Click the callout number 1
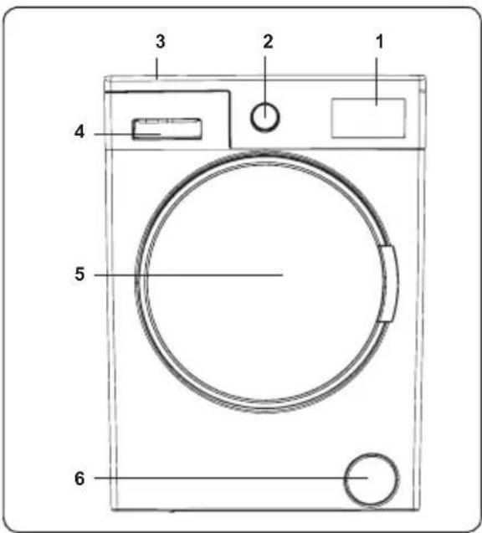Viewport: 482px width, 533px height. click(x=380, y=42)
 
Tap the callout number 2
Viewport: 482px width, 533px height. click(x=268, y=42)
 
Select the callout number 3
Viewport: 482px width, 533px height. click(x=160, y=42)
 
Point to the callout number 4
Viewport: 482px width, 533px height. click(x=79, y=131)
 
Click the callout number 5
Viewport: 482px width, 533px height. click(x=79, y=274)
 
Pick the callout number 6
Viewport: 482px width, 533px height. click(x=79, y=479)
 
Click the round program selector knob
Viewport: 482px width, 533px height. click(x=265, y=117)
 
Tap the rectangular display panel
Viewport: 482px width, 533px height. click(x=368, y=118)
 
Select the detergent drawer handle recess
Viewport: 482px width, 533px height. click(x=167, y=129)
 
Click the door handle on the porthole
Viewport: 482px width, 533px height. click(x=387, y=284)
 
